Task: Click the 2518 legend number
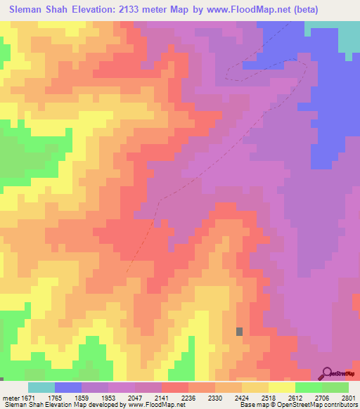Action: pyautogui.click(x=281, y=397)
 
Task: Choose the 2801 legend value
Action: pyautogui.click(x=347, y=397)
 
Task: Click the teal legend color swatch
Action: pyautogui.click(x=41, y=387)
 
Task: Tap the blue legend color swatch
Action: pyautogui.click(x=68, y=387)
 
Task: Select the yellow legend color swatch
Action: pyautogui.click(x=282, y=387)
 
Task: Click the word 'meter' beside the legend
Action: pyautogui.click(x=11, y=397)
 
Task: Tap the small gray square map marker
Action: pyautogui.click(x=240, y=331)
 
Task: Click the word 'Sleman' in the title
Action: pyautogui.click(x=26, y=10)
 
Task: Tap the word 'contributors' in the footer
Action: pyautogui.click(x=337, y=405)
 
